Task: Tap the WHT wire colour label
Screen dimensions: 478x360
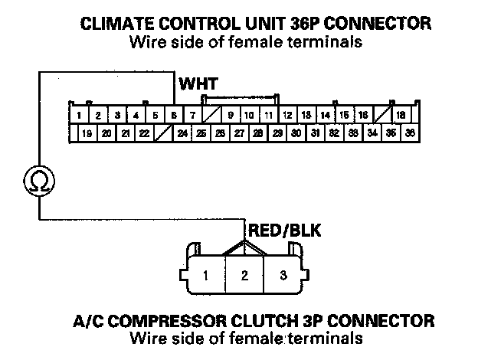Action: click(198, 83)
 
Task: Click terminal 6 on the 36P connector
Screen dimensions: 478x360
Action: click(174, 116)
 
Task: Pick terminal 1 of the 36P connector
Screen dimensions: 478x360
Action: click(80, 116)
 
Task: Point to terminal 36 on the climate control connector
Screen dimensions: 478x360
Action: click(410, 133)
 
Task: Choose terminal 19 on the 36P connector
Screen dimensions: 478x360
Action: click(87, 133)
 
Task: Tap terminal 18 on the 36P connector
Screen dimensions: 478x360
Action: click(401, 116)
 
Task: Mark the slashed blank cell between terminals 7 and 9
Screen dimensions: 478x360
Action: click(211, 116)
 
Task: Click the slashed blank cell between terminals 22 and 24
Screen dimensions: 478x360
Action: click(162, 133)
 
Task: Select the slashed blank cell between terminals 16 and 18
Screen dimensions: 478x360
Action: click(381, 116)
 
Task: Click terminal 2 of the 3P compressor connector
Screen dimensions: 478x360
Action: click(244, 275)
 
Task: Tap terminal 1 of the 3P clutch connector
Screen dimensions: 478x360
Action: click(206, 275)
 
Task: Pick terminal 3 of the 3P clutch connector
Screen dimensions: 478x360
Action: click(283, 275)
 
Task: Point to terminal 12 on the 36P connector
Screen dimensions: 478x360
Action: click(287, 116)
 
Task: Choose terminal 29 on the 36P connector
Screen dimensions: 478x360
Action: click(277, 133)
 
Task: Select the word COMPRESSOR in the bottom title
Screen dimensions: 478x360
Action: click(206, 319)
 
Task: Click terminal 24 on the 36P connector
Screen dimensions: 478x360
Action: click(182, 133)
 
